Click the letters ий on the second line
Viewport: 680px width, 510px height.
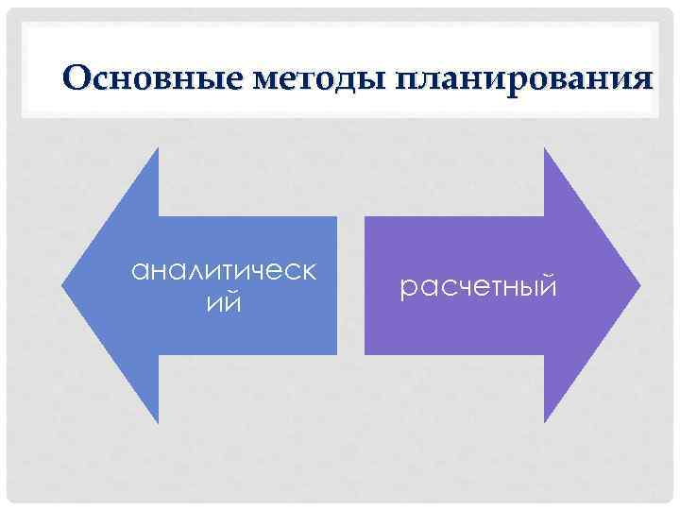point(225,304)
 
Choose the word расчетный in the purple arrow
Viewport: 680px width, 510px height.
point(479,285)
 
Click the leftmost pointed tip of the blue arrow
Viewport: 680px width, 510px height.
point(62,285)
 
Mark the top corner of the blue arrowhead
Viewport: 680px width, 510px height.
point(158,149)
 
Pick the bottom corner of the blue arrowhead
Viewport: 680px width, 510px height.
point(158,421)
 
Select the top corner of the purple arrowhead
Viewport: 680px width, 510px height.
point(545,149)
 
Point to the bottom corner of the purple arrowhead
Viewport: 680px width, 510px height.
point(545,421)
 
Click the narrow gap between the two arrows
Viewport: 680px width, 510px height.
point(350,285)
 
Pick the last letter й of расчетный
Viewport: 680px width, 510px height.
point(549,284)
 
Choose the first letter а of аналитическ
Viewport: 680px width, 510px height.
point(139,274)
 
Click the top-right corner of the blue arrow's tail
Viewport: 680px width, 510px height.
point(336,217)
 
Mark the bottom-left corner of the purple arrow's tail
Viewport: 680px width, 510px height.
point(365,354)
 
